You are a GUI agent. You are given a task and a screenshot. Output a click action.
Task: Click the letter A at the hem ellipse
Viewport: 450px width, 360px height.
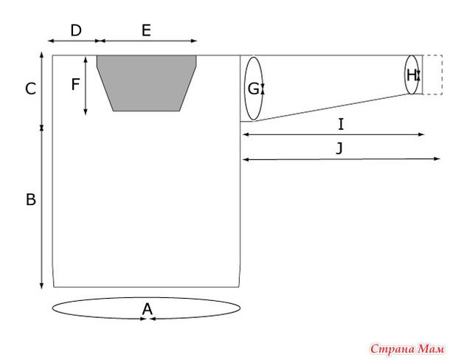tap(148, 309)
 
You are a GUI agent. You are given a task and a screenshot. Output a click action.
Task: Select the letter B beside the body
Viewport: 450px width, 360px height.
tap(31, 199)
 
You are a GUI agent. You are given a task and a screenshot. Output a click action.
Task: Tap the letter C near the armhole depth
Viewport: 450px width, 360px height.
tap(31, 89)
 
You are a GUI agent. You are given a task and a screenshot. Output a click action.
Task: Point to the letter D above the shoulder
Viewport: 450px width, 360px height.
tap(76, 30)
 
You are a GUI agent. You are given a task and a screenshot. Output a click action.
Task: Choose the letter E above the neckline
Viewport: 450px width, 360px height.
tap(146, 30)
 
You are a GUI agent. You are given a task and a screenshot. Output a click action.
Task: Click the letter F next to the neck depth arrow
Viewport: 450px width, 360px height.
tap(75, 85)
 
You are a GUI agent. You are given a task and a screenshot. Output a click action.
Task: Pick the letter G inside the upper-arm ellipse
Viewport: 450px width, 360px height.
tap(253, 89)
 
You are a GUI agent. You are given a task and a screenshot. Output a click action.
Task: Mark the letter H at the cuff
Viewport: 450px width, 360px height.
tap(411, 75)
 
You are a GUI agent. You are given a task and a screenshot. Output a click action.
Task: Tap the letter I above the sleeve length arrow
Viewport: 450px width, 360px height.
tap(341, 125)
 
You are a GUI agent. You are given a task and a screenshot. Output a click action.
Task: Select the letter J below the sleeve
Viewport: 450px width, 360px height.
tap(339, 148)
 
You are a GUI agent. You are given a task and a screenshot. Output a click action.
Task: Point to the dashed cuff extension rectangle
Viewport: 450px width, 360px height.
tap(433, 75)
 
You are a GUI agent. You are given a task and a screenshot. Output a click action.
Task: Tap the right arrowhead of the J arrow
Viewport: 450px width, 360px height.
tap(437, 159)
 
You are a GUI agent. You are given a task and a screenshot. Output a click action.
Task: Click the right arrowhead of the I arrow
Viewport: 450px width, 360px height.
tap(421, 134)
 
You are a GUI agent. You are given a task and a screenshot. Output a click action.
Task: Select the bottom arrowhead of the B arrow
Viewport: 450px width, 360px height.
tap(41, 285)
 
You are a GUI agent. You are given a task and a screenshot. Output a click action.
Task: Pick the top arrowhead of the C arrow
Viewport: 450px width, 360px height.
tap(41, 55)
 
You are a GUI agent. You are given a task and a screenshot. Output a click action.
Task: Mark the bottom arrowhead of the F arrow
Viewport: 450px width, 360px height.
tap(86, 112)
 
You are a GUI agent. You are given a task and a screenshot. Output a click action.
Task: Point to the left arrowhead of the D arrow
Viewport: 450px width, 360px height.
tap(51, 41)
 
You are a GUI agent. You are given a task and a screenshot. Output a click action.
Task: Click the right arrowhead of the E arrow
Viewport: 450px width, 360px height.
tap(194, 41)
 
